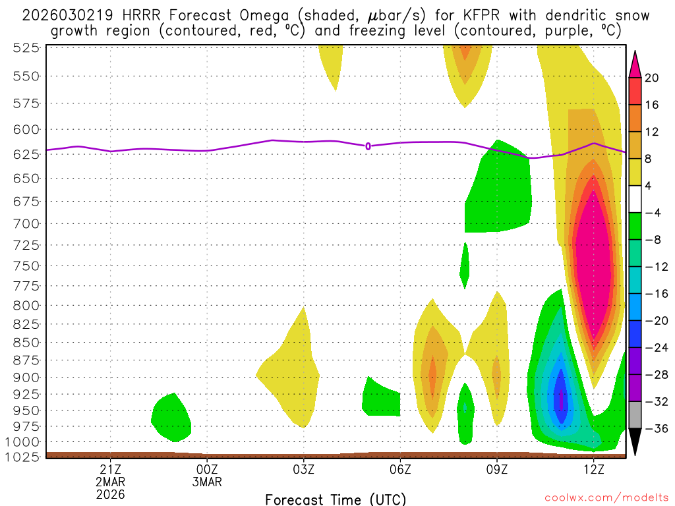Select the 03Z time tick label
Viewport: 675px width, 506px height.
pos(303,468)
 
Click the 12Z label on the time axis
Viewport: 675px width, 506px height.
pos(594,468)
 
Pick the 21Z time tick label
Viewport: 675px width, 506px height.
pos(110,468)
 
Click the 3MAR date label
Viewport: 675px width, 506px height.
pos(207,482)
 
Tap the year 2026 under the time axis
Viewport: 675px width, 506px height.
pos(110,493)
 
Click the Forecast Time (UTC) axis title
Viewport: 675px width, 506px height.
pos(336,499)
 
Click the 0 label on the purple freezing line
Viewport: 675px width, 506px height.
pos(368,146)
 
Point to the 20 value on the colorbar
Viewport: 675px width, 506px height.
pos(652,78)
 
